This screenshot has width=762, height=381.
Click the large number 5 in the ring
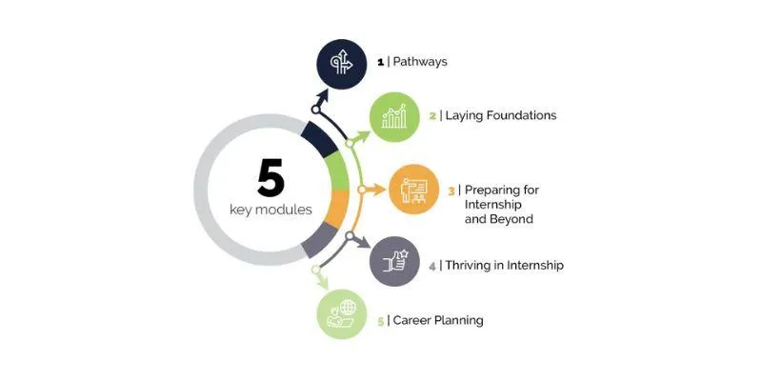[271, 179]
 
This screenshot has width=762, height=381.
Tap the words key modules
[271, 210]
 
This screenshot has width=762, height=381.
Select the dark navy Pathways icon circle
[342, 64]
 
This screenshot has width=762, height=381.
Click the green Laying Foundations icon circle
[394, 117]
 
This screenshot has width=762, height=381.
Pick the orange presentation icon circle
[413, 190]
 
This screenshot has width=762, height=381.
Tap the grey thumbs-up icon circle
[394, 261]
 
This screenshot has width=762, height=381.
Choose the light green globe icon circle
[342, 314]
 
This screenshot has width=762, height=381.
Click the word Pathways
[420, 62]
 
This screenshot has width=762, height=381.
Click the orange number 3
[451, 191]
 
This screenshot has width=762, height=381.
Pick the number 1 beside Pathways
[380, 62]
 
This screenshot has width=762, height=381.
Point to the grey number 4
[432, 267]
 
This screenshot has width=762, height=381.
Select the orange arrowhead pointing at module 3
[379, 190]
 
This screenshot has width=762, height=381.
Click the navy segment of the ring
[319, 139]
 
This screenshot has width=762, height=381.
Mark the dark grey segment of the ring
[319, 240]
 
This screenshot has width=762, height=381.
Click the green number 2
[432, 116]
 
